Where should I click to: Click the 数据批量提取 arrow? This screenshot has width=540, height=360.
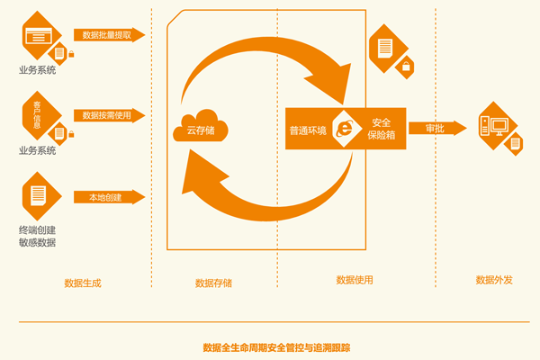pyautogui.click(x=107, y=35)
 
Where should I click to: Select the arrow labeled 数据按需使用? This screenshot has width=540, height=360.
pyautogui.click(x=107, y=115)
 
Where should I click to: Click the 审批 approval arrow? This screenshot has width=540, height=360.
pyautogui.click(x=436, y=129)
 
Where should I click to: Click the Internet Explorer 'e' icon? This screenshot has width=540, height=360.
pyautogui.click(x=345, y=128)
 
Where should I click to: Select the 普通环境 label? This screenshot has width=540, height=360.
pyautogui.click(x=308, y=130)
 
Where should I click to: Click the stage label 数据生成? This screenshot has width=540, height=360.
pyautogui.click(x=82, y=283)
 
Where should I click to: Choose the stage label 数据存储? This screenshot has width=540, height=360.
pyautogui.click(x=213, y=283)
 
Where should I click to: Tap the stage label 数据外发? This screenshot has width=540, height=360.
pyautogui.click(x=494, y=280)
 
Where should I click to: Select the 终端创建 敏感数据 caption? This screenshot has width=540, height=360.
pyautogui.click(x=37, y=236)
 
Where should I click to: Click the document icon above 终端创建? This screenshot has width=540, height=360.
pyautogui.click(x=38, y=193)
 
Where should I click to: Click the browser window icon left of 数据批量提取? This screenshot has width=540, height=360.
pyautogui.click(x=38, y=37)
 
